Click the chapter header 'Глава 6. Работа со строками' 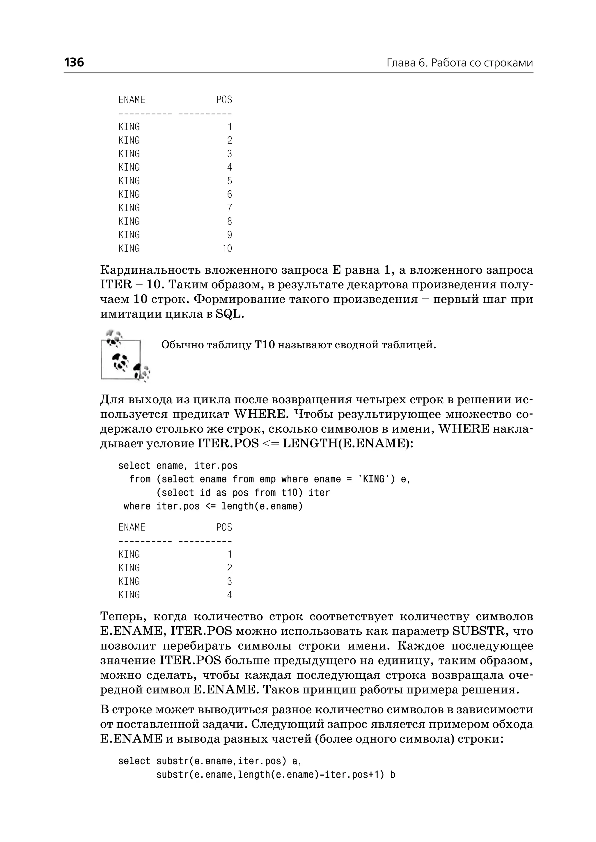(460, 63)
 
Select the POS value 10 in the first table (227, 249)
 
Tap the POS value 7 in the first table (229, 208)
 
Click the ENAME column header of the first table (132, 100)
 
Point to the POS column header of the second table (224, 527)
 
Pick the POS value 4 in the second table (229, 595)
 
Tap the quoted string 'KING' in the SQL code (373, 479)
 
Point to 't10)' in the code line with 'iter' (292, 493)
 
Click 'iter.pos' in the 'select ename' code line (216, 466)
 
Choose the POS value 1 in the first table (230, 127)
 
